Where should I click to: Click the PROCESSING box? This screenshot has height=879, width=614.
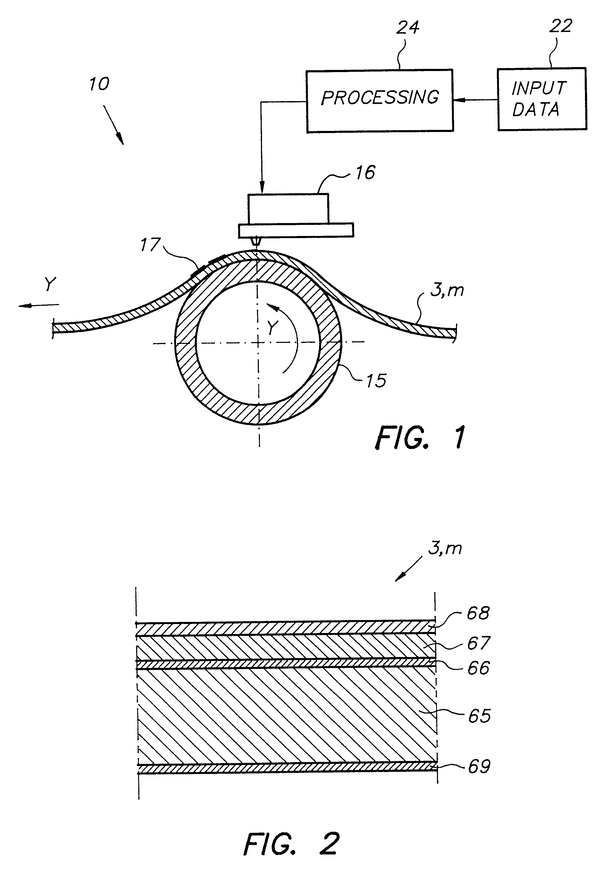(379, 101)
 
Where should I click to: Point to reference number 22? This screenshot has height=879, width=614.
(560, 26)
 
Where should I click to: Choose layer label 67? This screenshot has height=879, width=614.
(478, 643)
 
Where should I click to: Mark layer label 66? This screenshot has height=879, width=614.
(478, 668)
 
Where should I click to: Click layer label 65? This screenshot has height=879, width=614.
(479, 716)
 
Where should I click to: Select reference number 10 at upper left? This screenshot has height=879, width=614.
(99, 84)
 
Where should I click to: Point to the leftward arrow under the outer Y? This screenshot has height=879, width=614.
(38, 305)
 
